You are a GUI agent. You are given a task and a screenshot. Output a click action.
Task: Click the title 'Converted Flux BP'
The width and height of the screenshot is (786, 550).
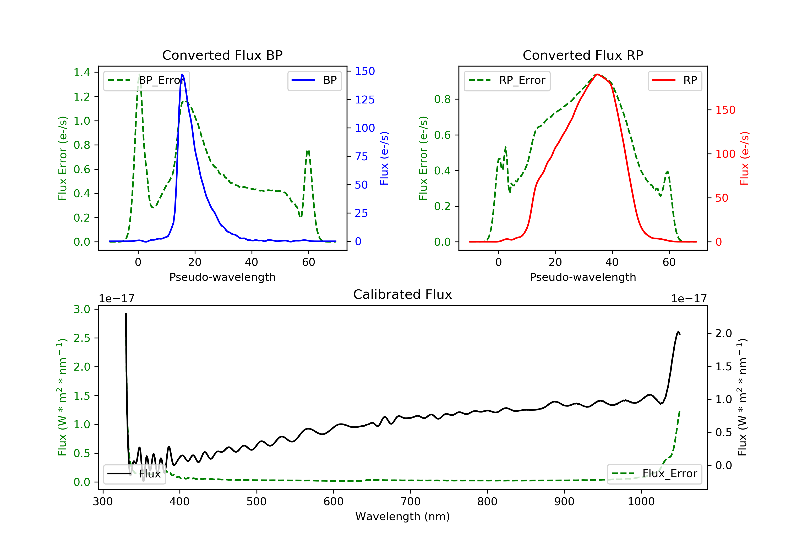pos(222,55)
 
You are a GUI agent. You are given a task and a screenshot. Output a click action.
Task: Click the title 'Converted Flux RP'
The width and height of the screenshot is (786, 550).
pos(583,55)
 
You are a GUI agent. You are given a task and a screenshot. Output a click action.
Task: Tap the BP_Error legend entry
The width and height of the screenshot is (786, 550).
pos(146,80)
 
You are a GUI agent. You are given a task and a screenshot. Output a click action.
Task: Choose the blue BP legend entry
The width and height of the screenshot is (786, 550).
pos(314,80)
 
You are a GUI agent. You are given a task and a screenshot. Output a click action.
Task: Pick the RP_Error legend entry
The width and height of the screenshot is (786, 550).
pos(507,80)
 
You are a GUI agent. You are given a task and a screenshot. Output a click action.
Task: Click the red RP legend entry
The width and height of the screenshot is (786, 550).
pos(674,80)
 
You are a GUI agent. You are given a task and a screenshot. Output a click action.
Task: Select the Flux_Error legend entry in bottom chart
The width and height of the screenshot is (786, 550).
pos(654,474)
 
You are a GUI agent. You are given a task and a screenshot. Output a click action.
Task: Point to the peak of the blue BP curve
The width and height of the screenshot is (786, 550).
pos(182,74)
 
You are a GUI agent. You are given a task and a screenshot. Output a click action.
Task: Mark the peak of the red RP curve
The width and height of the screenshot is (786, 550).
pos(597,74)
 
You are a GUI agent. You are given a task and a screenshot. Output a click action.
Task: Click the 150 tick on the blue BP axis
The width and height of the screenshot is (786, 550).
pos(365,71)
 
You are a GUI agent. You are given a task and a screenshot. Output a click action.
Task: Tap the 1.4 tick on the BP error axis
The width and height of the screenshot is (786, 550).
pos(82,73)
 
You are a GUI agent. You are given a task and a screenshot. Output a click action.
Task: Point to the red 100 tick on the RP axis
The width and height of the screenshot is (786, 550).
pos(725,154)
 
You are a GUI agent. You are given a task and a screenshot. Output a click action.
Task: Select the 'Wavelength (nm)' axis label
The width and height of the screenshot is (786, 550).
pos(403,516)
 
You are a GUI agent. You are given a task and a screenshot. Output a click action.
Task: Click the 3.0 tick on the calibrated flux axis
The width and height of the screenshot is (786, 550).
pos(82,309)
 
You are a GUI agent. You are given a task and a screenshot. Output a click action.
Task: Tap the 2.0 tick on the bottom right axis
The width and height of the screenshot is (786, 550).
pos(724,333)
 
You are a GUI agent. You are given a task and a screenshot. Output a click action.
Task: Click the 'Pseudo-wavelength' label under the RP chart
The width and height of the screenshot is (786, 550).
pos(583,277)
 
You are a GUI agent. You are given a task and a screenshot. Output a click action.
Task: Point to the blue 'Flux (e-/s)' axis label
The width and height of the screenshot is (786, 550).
pos(384,158)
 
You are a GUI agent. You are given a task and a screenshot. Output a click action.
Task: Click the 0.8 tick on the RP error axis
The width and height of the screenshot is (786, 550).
pos(442,99)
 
